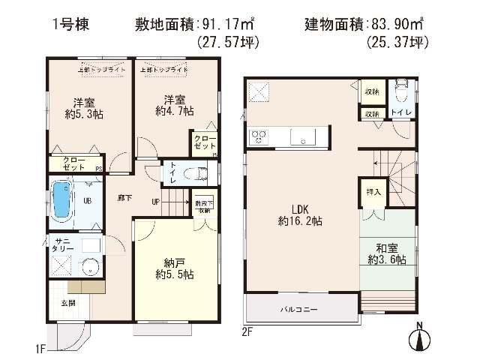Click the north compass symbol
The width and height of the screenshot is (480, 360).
(421, 336)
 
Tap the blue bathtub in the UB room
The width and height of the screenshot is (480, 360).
(60, 199)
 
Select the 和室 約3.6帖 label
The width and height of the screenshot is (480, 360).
(387, 254)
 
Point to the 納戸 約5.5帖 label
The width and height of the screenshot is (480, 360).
(170, 268)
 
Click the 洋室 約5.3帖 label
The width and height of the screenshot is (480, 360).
(79, 109)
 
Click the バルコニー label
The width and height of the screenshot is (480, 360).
(300, 309)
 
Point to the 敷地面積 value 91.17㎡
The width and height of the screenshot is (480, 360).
(226, 24)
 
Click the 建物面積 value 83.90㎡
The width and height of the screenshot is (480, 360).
(397, 24)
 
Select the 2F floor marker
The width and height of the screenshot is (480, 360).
(247, 330)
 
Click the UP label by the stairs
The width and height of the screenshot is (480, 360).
(155, 201)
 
